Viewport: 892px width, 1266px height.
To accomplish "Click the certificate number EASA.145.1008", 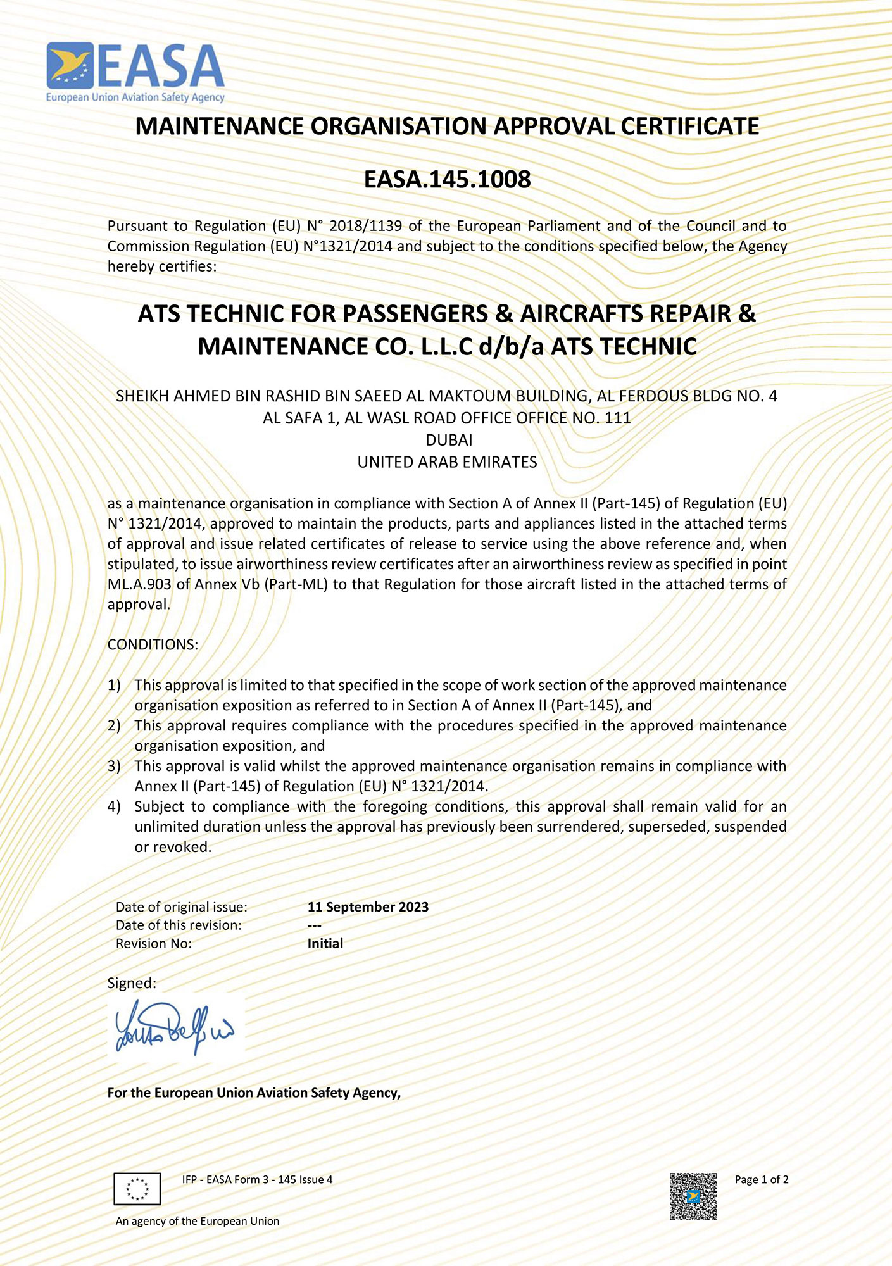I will (447, 180).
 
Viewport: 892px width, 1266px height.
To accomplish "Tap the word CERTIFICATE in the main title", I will (689, 127).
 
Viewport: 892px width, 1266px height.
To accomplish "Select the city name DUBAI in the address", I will (449, 440).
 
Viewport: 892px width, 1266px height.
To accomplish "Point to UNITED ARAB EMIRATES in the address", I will (447, 462).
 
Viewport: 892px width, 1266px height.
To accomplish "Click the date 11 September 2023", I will (368, 906).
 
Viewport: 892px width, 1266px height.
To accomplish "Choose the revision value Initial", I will (325, 943).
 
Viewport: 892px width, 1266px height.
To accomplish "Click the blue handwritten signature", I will (174, 1026).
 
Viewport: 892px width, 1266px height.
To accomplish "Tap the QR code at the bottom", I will (693, 1196).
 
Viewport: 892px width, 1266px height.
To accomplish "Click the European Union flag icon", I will (137, 1188).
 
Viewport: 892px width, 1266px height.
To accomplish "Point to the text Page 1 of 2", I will (761, 1179).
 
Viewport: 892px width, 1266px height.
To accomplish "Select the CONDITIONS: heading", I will (153, 644).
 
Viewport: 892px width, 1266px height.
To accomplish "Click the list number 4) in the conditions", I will (114, 806).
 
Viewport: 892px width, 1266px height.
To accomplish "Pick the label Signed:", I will (132, 983).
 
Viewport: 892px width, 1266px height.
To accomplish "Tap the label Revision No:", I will (154, 943).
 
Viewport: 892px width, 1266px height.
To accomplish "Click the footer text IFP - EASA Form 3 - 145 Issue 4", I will (257, 1179).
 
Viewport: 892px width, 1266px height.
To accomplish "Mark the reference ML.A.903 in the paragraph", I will (139, 584).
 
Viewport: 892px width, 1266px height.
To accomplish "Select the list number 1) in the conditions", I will (114, 685).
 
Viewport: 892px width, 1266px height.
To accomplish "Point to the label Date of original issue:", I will (182, 906).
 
